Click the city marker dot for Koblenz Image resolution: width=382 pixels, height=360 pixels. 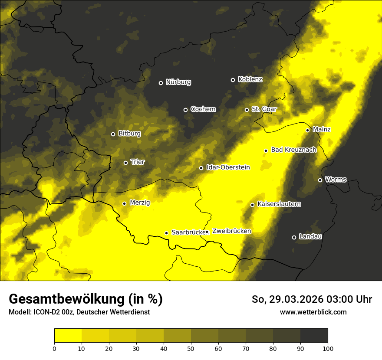pos(233,80)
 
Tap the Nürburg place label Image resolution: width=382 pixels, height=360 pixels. pos(178,82)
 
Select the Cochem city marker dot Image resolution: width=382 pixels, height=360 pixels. pos(185,110)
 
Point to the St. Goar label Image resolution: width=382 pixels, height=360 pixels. pos(264,109)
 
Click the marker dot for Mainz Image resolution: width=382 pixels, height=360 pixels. pos(307,130)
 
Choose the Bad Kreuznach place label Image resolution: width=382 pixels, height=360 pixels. pos(293,150)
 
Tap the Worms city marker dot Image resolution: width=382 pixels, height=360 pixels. pos(320,180)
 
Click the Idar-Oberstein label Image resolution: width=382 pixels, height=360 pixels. pos(228,167)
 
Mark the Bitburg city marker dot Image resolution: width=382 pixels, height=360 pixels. pos(113,134)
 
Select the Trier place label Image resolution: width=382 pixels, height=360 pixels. pos(138,162)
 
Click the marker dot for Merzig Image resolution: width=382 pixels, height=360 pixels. pos(124,203)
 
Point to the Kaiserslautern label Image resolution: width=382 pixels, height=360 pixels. pos(279,204)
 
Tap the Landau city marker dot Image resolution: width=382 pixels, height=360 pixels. pos(294,237)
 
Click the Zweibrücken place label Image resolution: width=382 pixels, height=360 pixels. pos(231,231)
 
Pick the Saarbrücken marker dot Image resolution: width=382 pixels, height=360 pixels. pos(166,233)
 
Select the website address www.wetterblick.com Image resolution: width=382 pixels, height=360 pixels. pos(313,312)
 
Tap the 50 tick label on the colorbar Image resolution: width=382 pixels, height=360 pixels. pos(191,348)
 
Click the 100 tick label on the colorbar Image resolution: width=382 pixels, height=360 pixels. pos(327,348)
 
